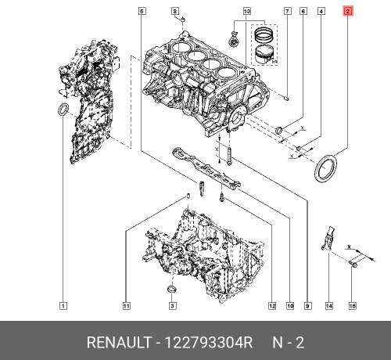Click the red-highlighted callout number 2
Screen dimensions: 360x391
tap(348, 11)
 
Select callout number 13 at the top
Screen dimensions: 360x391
tap(246, 11)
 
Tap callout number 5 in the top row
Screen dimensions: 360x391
tap(142, 11)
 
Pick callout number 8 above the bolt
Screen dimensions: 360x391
tap(175, 11)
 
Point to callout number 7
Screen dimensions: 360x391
tap(287, 11)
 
